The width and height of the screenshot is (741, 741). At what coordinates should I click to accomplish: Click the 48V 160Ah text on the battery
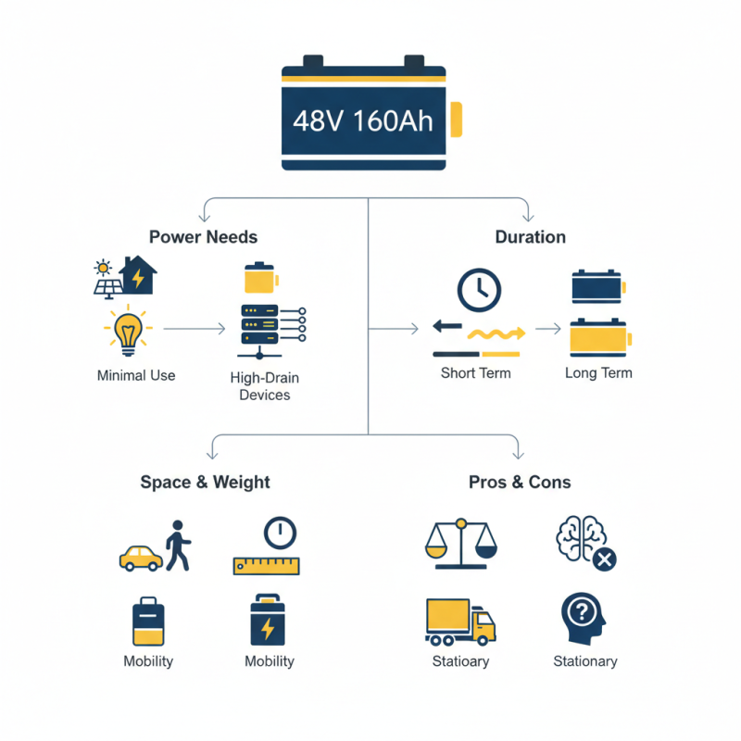(363, 120)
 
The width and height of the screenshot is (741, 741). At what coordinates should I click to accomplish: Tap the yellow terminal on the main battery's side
(457, 120)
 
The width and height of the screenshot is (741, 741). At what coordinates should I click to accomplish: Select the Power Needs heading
(203, 236)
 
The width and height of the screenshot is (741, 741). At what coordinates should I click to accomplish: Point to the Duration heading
(530, 236)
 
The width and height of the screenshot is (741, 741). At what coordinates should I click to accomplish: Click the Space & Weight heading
(205, 482)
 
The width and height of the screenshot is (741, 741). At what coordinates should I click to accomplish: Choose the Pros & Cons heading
(520, 482)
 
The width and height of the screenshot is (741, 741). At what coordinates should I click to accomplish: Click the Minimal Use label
(136, 375)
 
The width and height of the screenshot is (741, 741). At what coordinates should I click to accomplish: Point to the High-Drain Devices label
(265, 386)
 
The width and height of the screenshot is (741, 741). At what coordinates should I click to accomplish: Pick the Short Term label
(476, 372)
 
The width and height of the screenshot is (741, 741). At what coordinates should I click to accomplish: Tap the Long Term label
(598, 372)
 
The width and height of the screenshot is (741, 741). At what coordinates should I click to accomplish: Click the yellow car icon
(141, 557)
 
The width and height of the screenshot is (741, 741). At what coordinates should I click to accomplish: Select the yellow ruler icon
(269, 564)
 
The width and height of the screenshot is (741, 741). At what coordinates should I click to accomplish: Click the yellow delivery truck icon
(459, 621)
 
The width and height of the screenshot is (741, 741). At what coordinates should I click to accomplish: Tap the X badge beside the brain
(605, 559)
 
